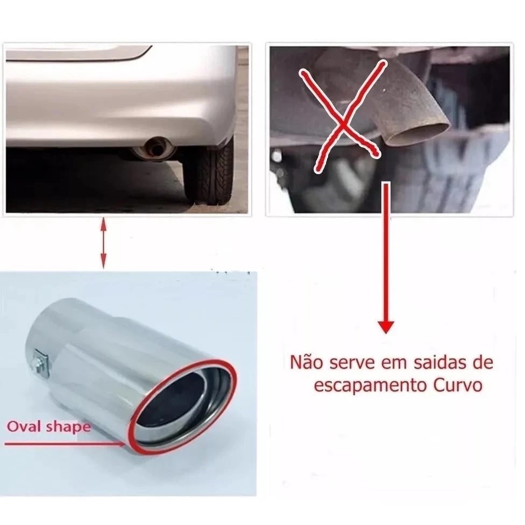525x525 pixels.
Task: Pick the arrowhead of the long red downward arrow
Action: pyautogui.click(x=386, y=327)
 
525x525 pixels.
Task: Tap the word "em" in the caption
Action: pyautogui.click(x=391, y=364)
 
